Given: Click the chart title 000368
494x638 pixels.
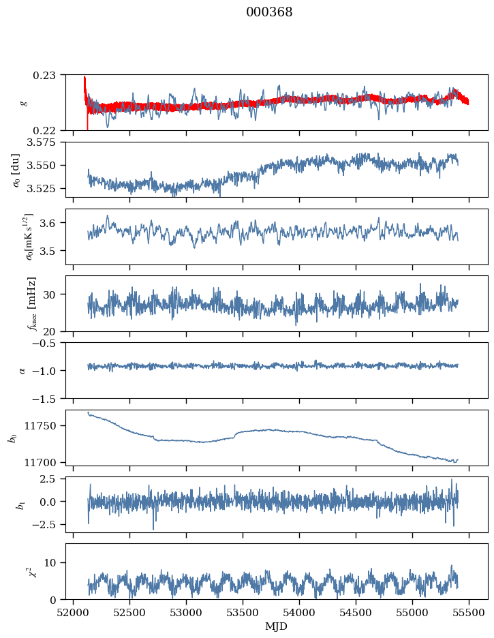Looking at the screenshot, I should pos(269,12).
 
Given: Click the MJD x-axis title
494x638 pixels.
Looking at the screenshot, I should pos(276,626).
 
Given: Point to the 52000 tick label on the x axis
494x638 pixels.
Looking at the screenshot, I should pos(74,611).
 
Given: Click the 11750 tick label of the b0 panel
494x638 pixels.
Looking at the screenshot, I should pos(46,426).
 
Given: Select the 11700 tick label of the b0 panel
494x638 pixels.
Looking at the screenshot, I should pos(46,462).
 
